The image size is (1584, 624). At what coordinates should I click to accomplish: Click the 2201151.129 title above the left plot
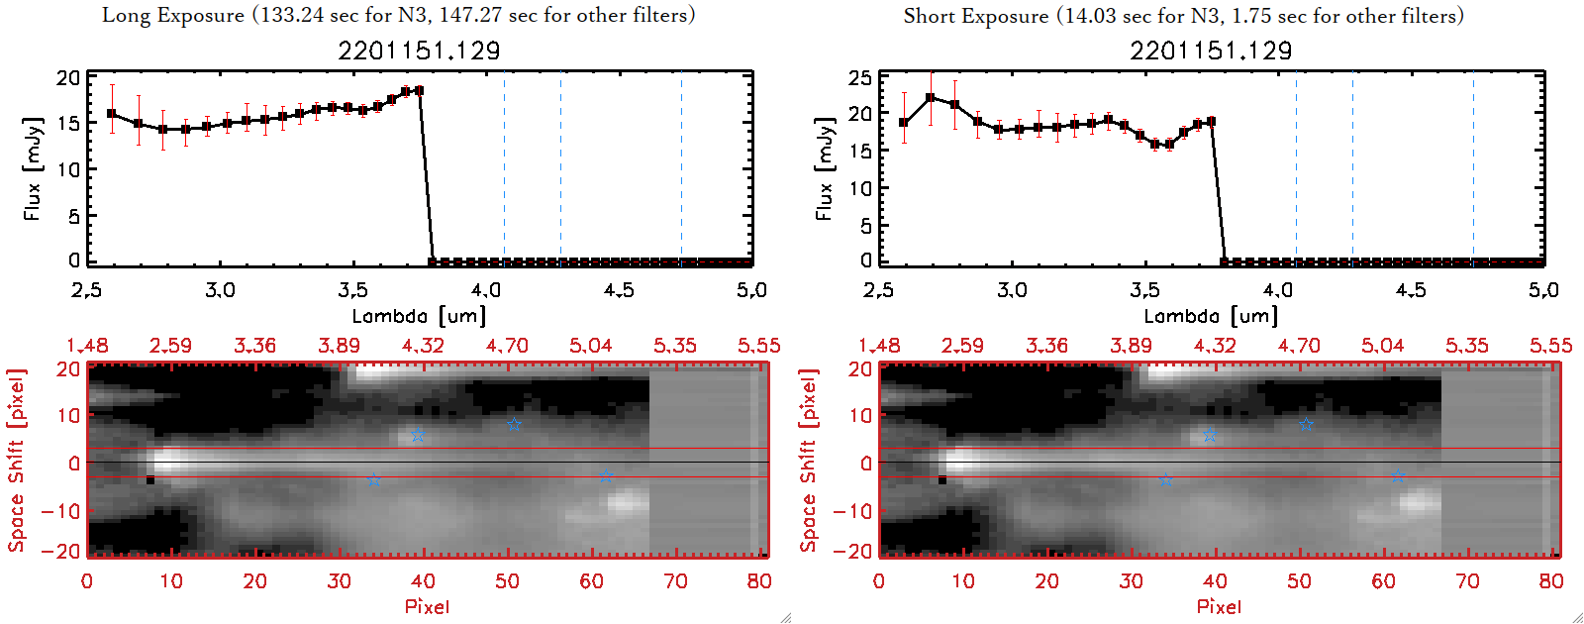(419, 51)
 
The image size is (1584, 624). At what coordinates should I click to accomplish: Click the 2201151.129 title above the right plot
(1211, 51)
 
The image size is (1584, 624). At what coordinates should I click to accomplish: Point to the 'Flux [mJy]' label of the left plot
(33, 168)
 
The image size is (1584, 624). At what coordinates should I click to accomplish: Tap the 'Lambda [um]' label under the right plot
(1211, 316)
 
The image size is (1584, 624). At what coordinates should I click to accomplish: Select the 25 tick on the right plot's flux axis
(860, 78)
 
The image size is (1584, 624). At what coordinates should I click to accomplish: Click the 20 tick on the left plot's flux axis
(68, 78)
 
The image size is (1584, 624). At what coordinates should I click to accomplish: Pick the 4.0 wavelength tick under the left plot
(485, 290)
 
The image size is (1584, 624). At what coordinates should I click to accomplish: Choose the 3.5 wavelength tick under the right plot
(1144, 290)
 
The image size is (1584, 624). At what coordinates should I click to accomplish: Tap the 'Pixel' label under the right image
(1219, 606)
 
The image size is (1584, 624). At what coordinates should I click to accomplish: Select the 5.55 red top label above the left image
(758, 346)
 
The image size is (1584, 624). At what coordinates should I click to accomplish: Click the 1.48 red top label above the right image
(879, 346)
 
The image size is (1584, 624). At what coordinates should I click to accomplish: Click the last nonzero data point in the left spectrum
(419, 90)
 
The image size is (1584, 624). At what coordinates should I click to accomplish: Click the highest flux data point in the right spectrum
(931, 97)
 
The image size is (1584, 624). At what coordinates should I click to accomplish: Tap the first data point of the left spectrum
(112, 114)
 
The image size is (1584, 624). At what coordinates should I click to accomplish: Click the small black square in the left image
(150, 480)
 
